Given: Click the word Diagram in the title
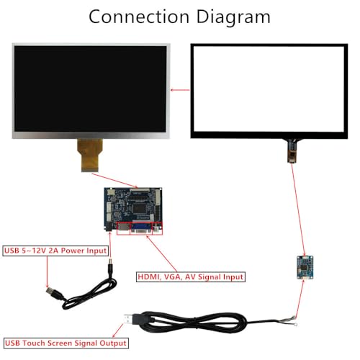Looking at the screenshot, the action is pos(233,17).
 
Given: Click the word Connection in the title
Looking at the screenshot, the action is pos(139,17).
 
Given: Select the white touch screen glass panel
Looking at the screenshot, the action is pos(269,91).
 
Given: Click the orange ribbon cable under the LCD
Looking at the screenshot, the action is pos(90,155).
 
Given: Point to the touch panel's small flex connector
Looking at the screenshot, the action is pos(292,151).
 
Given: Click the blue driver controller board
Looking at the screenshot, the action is pos(133,210).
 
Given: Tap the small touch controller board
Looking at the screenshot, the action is pos(305,267).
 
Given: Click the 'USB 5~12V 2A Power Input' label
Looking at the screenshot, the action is pos(55,251).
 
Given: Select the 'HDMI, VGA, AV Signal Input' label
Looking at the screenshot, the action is pos(191,277).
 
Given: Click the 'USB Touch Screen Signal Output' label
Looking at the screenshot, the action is pos(66,343).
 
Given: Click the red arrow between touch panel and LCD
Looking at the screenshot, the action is pos(180,90).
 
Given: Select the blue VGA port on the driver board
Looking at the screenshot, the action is pos(141,228).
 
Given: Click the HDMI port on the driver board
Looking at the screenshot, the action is pos(124,228).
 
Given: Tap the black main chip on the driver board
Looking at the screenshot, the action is pos(139,208).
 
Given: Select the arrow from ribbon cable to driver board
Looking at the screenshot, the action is pos(114,180).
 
